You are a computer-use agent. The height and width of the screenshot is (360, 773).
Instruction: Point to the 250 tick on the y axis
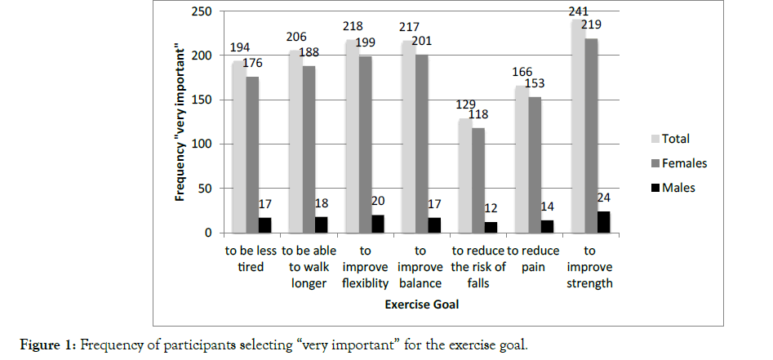click(202, 11)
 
